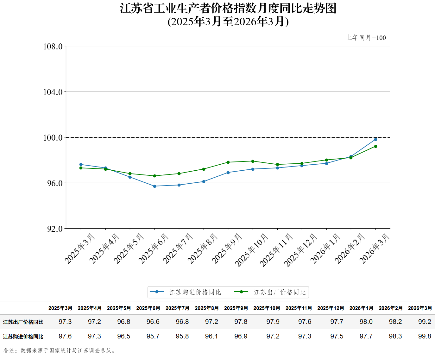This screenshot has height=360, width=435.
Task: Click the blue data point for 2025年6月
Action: pyautogui.click(x=154, y=186)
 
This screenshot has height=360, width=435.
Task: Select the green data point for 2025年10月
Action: pyautogui.click(x=253, y=161)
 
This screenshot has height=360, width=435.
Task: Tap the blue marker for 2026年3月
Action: pyautogui.click(x=375, y=139)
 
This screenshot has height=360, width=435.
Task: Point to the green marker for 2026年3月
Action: pyautogui.click(x=375, y=146)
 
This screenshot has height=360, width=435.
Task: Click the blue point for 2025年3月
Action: pyautogui.click(x=81, y=165)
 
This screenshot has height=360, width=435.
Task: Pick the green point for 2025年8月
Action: pyautogui.click(x=204, y=169)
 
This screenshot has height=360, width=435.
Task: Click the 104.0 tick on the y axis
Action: pyautogui.click(x=53, y=92)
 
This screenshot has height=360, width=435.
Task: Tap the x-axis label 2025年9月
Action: pyautogui.click(x=227, y=249)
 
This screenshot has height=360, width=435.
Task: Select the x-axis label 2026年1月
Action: pyautogui.click(x=325, y=249)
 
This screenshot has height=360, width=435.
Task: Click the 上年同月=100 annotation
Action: pyautogui.click(x=366, y=38)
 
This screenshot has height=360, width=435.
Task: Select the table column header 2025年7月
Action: pyautogui.click(x=177, y=308)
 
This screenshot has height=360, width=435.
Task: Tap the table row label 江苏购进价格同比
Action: pyautogui.click(x=23, y=337)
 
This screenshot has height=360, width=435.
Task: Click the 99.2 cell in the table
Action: pyautogui.click(x=425, y=322)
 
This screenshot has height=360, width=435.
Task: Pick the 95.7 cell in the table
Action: pyautogui.click(x=153, y=336)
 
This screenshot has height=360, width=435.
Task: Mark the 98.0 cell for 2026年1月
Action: pyautogui.click(x=366, y=322)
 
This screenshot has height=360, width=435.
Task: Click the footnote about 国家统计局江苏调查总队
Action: pyautogui.click(x=60, y=351)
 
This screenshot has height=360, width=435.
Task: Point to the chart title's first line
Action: pyautogui.click(x=228, y=8)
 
